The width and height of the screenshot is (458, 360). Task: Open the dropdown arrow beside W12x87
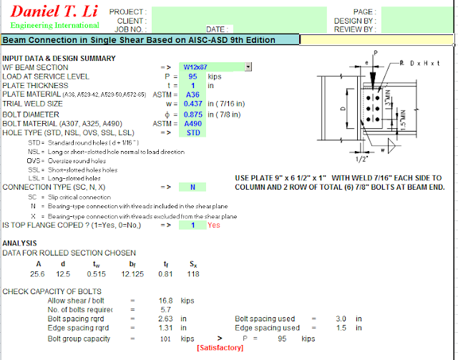(248, 67)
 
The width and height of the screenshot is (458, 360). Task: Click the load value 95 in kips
(193, 76)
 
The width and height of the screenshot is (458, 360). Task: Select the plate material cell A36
(192, 94)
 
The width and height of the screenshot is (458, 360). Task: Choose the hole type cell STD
(193, 132)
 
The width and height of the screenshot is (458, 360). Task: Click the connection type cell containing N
(193, 187)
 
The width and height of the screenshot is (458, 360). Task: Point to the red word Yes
(214, 225)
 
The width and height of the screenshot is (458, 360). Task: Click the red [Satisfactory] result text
(220, 348)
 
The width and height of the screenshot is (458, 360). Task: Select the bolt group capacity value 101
(166, 339)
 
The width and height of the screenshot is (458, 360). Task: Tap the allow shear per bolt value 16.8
(166, 301)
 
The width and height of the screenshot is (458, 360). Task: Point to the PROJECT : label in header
(128, 12)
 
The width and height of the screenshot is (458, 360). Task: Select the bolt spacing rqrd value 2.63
(166, 319)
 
